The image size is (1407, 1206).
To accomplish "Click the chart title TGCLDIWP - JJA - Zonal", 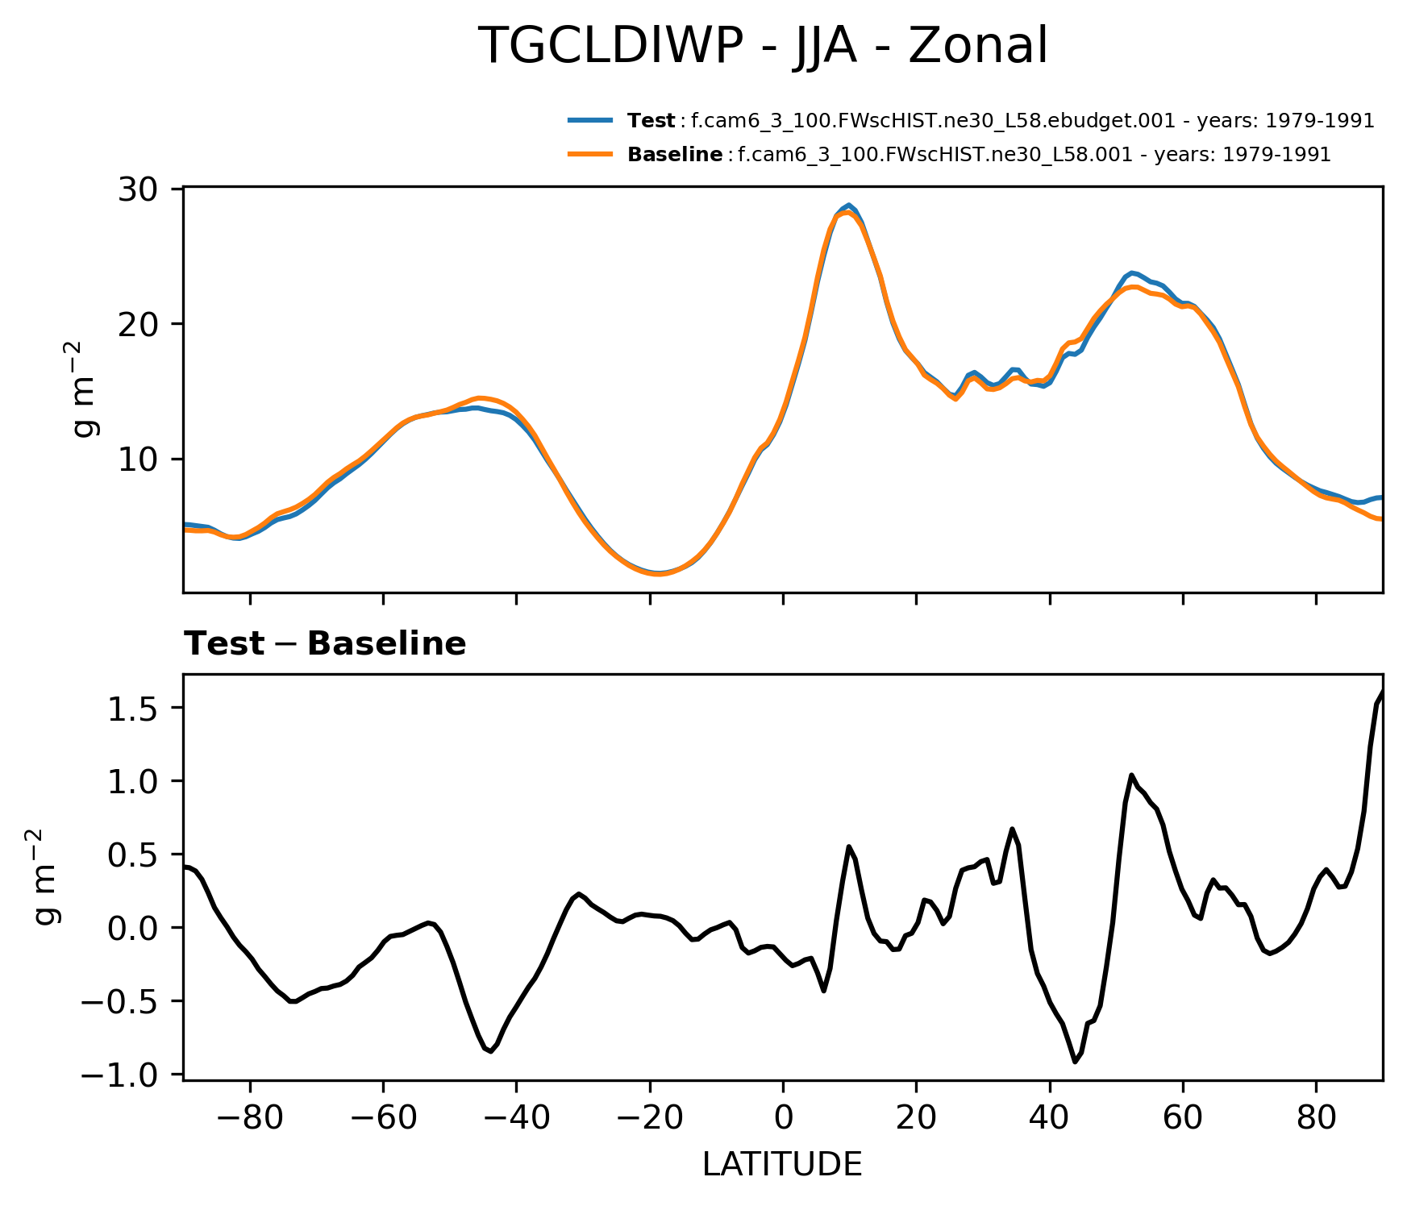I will [x=763, y=46].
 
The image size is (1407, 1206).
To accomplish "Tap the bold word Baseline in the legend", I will [x=675, y=155].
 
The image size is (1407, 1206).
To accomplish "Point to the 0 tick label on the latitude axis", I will [x=783, y=1117].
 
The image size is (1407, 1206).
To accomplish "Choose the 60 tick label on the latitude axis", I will [x=1183, y=1117].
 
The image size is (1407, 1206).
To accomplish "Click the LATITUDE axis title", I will [x=782, y=1165].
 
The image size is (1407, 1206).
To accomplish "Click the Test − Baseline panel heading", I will [x=325, y=644].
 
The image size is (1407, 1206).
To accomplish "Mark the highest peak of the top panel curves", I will [x=848, y=206].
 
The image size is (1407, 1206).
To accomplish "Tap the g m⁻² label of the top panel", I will [x=85, y=389].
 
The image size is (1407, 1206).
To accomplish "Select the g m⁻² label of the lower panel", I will [x=47, y=875].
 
